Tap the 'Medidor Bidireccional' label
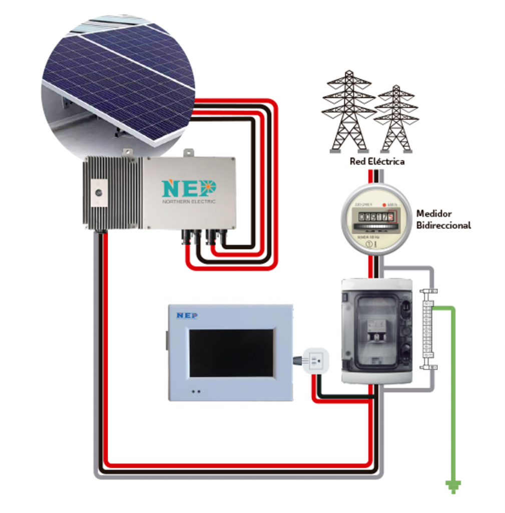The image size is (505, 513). coord(443,219)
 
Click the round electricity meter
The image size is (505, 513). coord(376,219)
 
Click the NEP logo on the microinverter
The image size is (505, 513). coord(189,188)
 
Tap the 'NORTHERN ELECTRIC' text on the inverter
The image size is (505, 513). coord(189,201)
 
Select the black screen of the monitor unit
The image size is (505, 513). coord(231,353)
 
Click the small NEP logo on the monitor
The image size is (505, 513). coord(187,315)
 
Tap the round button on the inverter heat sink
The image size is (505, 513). coord(99,192)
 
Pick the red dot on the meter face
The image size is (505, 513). coord(384,205)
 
